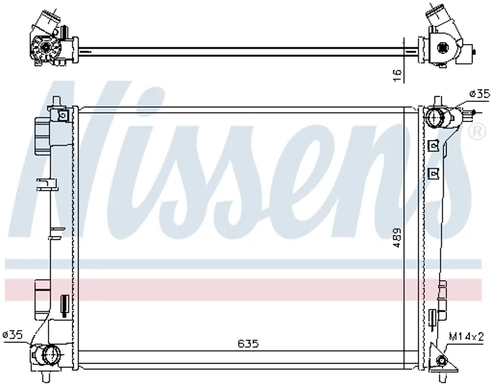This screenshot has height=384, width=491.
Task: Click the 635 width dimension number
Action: [x=248, y=344]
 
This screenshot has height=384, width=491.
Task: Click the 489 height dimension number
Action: [x=396, y=237]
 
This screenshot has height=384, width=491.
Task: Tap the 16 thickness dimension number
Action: [x=397, y=75]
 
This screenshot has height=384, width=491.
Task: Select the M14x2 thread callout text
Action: [x=466, y=336]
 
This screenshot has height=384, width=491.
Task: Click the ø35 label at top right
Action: [x=479, y=94]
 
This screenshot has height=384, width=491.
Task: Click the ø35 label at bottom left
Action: [x=12, y=335]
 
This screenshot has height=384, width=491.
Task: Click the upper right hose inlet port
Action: [x=434, y=117]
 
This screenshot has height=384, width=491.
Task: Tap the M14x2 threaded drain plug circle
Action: [x=442, y=361]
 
